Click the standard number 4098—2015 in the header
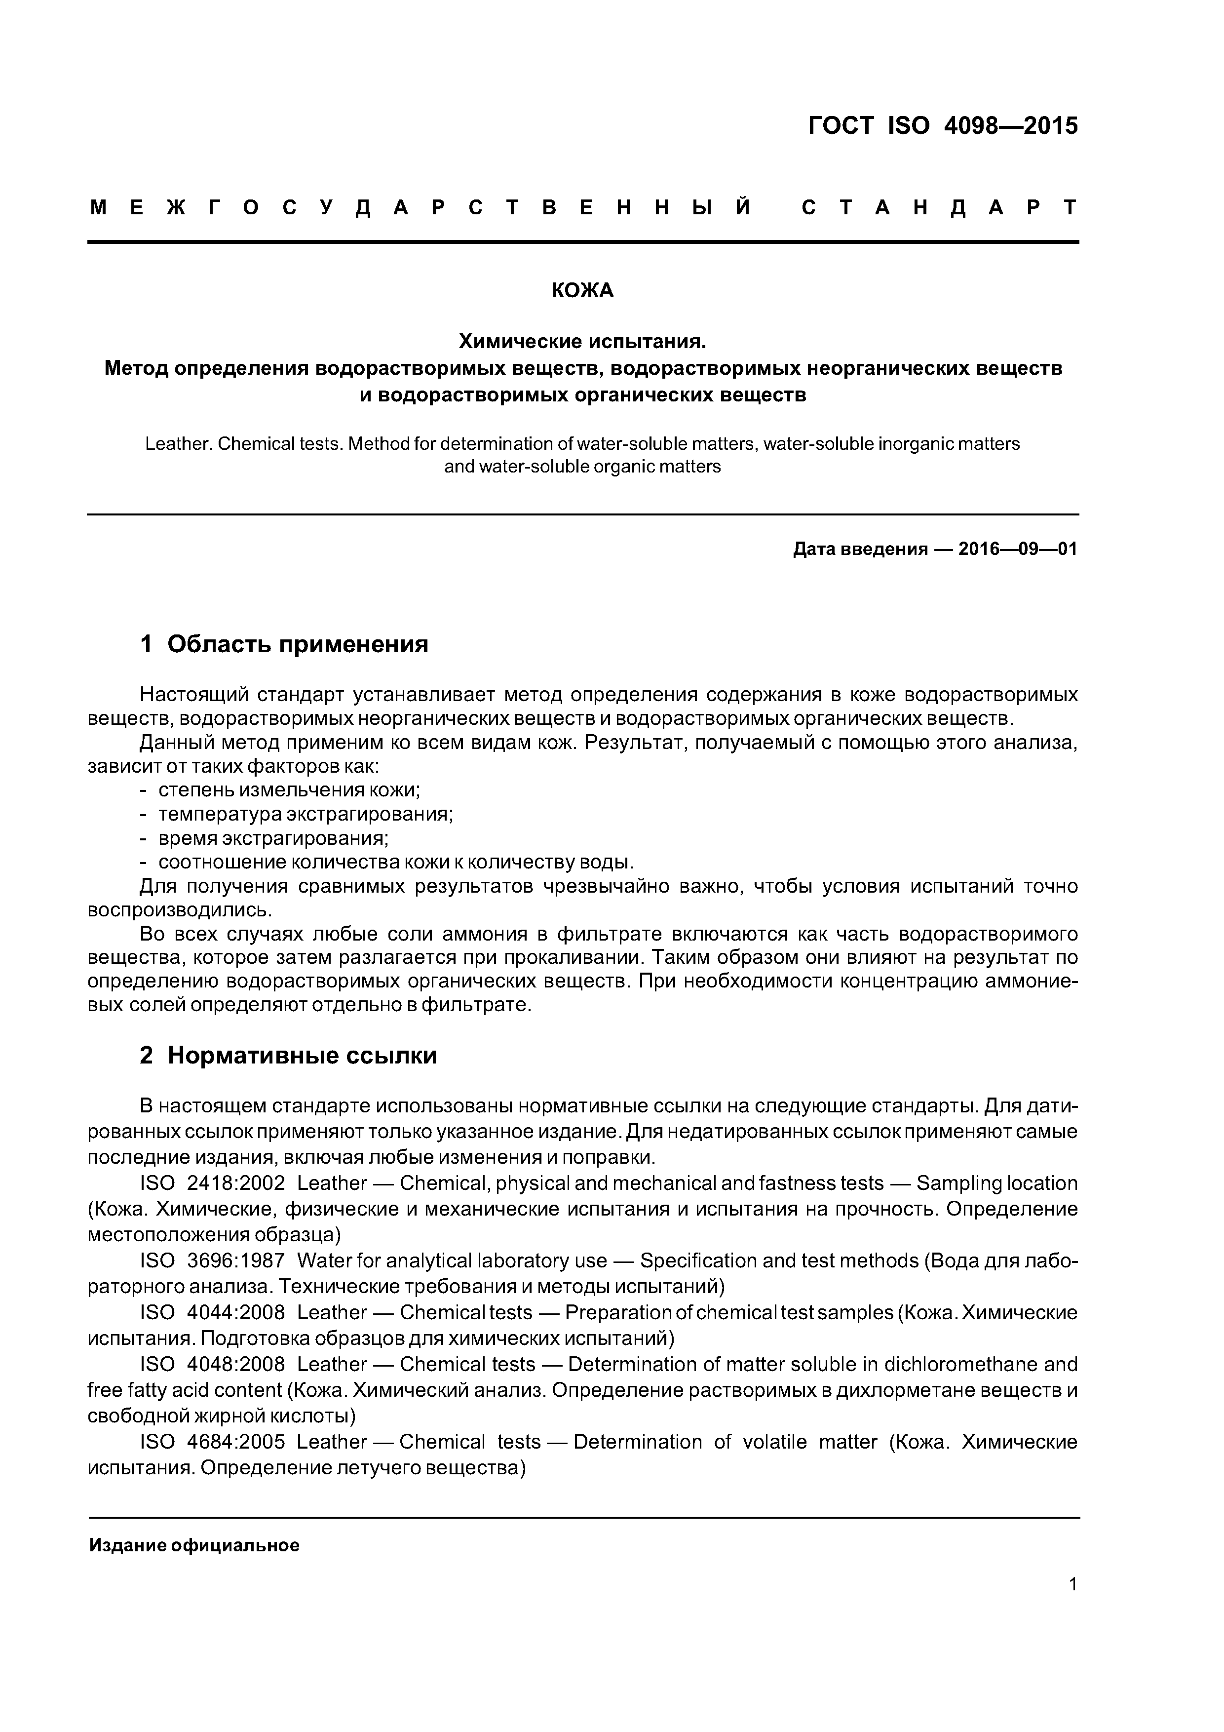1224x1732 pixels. coord(1011,125)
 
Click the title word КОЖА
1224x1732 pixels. coord(582,290)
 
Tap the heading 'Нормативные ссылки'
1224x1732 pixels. coord(302,1055)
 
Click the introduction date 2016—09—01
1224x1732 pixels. coord(1017,549)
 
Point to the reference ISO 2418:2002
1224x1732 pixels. coord(213,1183)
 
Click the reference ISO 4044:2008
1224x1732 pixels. coord(213,1313)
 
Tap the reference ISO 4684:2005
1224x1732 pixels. coord(213,1442)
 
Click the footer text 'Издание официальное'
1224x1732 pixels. coord(194,1546)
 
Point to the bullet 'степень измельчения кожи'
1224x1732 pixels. coord(289,790)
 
